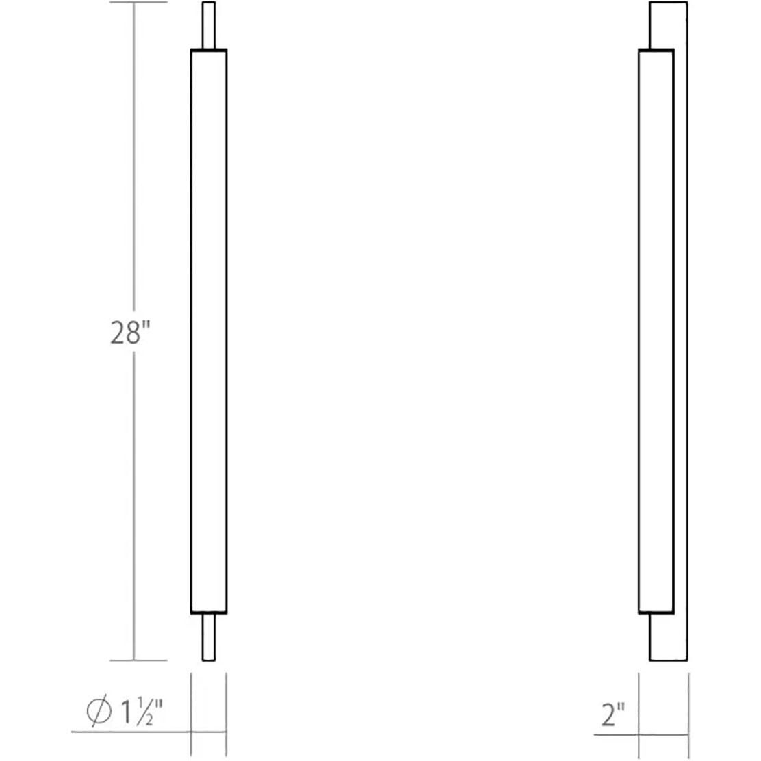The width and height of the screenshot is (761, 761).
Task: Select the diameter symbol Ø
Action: tap(99, 714)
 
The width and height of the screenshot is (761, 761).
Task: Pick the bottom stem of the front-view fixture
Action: tap(209, 637)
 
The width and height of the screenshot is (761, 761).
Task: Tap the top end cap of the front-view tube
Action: tap(208, 50)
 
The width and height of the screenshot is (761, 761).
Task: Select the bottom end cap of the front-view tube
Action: tap(208, 611)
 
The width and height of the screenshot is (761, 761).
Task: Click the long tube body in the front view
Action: tap(208, 328)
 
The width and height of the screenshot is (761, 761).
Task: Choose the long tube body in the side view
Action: tap(656, 328)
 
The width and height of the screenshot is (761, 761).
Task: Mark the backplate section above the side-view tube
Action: tap(668, 25)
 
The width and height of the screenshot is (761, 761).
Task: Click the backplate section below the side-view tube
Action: tap(668, 637)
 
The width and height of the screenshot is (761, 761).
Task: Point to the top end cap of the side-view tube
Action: tap(656, 49)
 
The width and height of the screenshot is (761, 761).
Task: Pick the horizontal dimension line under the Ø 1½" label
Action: tap(130, 732)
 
